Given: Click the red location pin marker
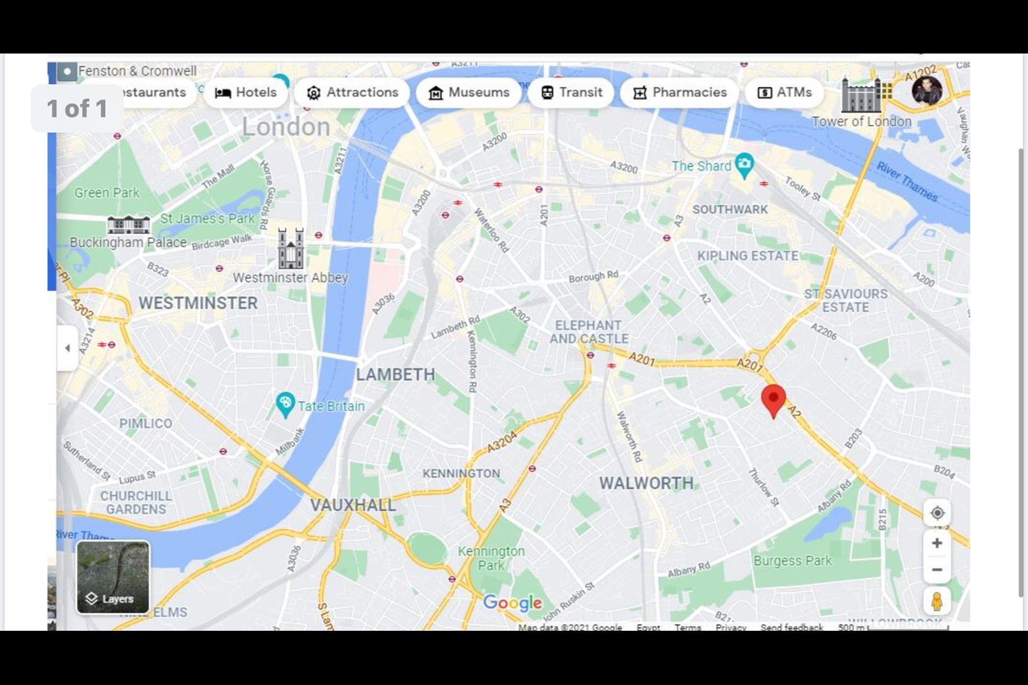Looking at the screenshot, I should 773,399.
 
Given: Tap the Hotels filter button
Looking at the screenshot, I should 246,93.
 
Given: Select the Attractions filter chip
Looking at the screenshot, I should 352,93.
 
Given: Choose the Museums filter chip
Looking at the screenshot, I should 468,93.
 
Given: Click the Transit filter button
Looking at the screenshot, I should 571,93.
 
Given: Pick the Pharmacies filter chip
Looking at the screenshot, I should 679,93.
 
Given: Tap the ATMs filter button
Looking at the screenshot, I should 784,93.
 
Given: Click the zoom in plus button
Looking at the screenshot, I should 937,543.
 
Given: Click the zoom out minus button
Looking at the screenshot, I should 937,570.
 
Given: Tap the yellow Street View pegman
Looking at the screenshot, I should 937,601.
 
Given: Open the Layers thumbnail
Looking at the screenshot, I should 113,577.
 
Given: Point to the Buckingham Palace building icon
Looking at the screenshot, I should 128,225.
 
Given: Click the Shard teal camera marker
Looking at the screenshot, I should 744,165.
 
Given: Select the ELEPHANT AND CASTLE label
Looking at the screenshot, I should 589,332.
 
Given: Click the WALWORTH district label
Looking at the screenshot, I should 646,483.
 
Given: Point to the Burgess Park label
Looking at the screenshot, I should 792,561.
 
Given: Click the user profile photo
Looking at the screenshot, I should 927,91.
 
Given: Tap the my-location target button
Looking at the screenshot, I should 937,513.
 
